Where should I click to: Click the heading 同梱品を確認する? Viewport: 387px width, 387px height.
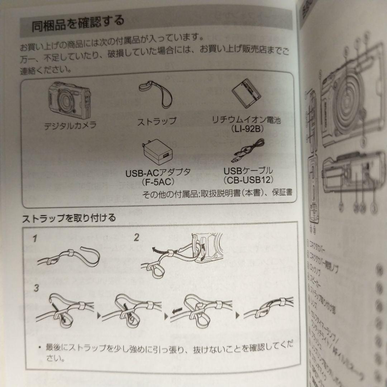click(x=78, y=23)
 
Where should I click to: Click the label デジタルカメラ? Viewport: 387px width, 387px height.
click(x=65, y=125)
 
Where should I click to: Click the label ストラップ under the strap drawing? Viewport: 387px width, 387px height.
click(x=157, y=121)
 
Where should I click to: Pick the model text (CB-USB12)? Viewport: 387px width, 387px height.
click(x=248, y=179)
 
